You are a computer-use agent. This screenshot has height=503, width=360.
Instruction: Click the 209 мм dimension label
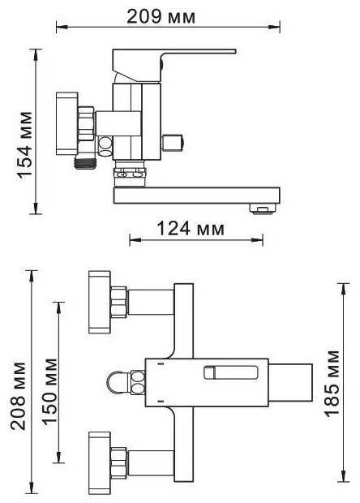[x=167, y=15]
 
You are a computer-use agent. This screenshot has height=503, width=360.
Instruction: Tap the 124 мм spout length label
[x=195, y=229]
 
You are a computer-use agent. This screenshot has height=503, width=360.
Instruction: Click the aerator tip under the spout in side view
[x=261, y=210]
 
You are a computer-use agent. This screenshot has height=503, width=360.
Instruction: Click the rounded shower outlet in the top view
[x=118, y=380]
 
